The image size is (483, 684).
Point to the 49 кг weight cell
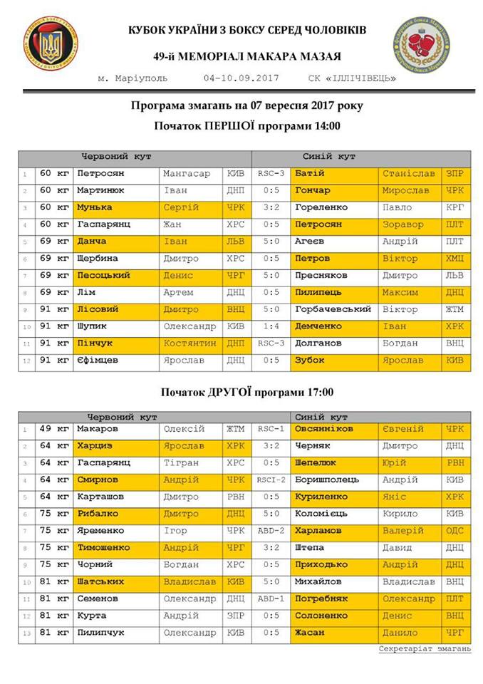point(55,429)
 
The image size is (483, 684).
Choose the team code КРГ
point(455,207)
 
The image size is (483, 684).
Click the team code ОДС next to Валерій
point(455,531)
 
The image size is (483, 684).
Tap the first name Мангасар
point(187,173)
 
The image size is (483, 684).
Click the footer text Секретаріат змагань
point(425,649)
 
